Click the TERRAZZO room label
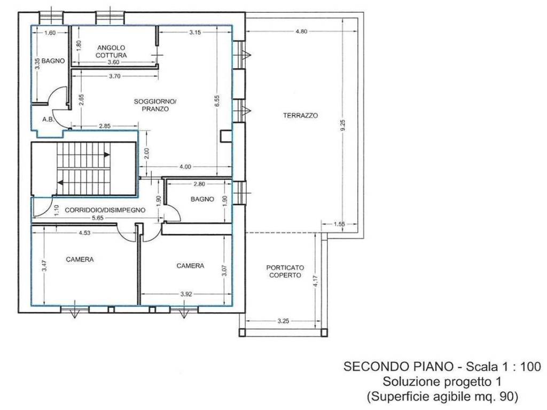pos(300,115)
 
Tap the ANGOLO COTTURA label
pos(111,51)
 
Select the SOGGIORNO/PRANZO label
pos(155,105)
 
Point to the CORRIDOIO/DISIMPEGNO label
pos(105,210)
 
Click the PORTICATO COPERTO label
pos(285,271)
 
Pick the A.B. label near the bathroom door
pos(49,119)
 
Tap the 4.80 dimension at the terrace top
pos(301,31)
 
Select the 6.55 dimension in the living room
pos(217,101)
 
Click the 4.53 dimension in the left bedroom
pos(84,233)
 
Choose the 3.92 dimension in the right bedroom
pos(186,294)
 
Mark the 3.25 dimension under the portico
pos(283,321)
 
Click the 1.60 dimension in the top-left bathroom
pos(50,33)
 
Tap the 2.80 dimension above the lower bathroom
pos(199,184)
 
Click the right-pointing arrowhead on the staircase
pos(107,155)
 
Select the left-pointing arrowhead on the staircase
pos(61,183)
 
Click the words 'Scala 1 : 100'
pos(504,366)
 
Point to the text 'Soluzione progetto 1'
pos(442,381)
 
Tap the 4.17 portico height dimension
pos(316,281)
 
